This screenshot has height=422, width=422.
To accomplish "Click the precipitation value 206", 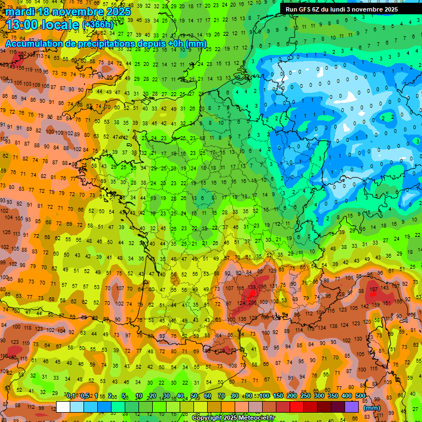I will point(252,302).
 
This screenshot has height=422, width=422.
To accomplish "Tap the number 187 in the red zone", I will point(374,290).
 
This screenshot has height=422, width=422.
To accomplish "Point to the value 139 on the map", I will point(252,287).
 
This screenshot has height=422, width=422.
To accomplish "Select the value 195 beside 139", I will point(263,287).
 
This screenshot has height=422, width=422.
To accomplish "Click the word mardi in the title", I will point(20,12).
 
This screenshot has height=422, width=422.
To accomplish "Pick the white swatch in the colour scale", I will point(63,407).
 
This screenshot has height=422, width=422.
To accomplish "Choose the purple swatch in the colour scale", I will point(352,407).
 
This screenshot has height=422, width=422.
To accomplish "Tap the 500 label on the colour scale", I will point(360,396).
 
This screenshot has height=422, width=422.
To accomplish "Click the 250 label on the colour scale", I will point(305,396).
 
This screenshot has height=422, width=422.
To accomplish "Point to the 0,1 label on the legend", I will point(71,396).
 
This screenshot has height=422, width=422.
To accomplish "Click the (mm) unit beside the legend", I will point(372,408).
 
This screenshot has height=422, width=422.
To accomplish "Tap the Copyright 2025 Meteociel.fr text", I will point(232,418).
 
